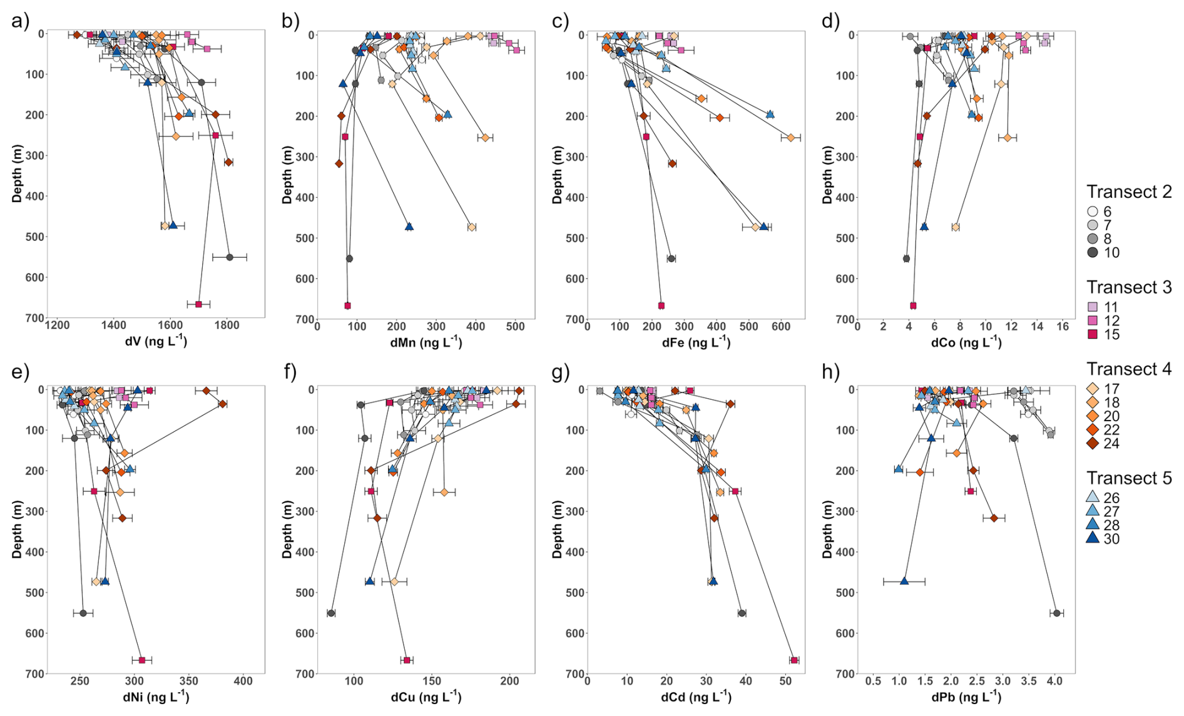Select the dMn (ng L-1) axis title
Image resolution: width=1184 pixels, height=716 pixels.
(x=426, y=342)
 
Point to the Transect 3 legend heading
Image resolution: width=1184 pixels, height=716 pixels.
(x=1129, y=287)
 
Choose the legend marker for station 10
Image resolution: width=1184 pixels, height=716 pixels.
(x=1093, y=253)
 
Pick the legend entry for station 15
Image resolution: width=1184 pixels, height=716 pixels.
(x=1093, y=334)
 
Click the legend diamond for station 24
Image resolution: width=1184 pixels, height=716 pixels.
(x=1093, y=444)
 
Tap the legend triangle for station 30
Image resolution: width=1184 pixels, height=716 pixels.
(x=1093, y=539)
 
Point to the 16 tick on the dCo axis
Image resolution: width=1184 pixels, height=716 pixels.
(x=1063, y=326)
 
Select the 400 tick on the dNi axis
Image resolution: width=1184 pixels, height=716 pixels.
(x=243, y=681)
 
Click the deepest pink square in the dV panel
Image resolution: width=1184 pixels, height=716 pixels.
(x=198, y=304)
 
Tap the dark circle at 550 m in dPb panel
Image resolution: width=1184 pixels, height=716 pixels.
(x=1056, y=613)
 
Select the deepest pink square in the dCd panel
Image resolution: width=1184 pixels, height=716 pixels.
(x=794, y=660)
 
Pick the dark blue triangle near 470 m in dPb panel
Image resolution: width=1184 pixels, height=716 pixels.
(x=904, y=581)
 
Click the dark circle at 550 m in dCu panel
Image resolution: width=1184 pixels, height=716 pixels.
(x=331, y=613)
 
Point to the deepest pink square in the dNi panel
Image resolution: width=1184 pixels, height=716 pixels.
(x=142, y=660)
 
